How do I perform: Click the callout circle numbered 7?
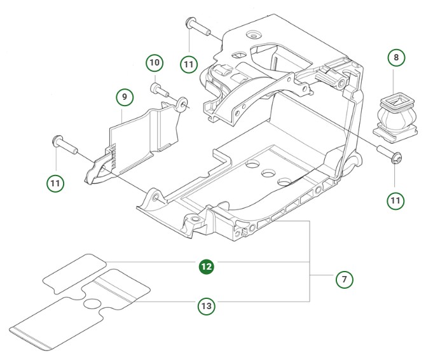(344, 279)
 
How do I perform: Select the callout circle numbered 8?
(397, 58)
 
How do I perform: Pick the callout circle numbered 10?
(155, 63)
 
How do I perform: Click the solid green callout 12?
(206, 267)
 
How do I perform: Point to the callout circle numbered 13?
(206, 307)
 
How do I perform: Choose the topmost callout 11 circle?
(188, 64)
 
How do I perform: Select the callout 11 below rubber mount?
(396, 201)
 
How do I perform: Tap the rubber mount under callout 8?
(395, 115)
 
